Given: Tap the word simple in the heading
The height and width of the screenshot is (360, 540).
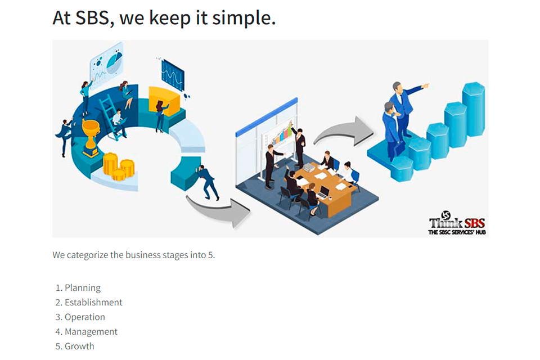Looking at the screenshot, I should [246, 19].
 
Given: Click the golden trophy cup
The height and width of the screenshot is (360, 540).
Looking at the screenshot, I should [91, 136].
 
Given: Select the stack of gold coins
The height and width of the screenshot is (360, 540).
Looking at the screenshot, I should [118, 167].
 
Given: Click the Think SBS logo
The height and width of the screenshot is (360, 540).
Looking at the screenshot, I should [456, 224].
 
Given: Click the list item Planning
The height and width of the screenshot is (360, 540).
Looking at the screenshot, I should [82, 288].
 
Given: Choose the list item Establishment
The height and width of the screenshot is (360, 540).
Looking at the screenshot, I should [93, 303].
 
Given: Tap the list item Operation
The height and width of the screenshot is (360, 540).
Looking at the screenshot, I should [84, 317].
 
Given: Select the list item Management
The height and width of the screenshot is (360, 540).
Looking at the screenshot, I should [91, 332].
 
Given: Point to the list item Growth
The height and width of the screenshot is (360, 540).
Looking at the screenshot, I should [79, 346].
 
